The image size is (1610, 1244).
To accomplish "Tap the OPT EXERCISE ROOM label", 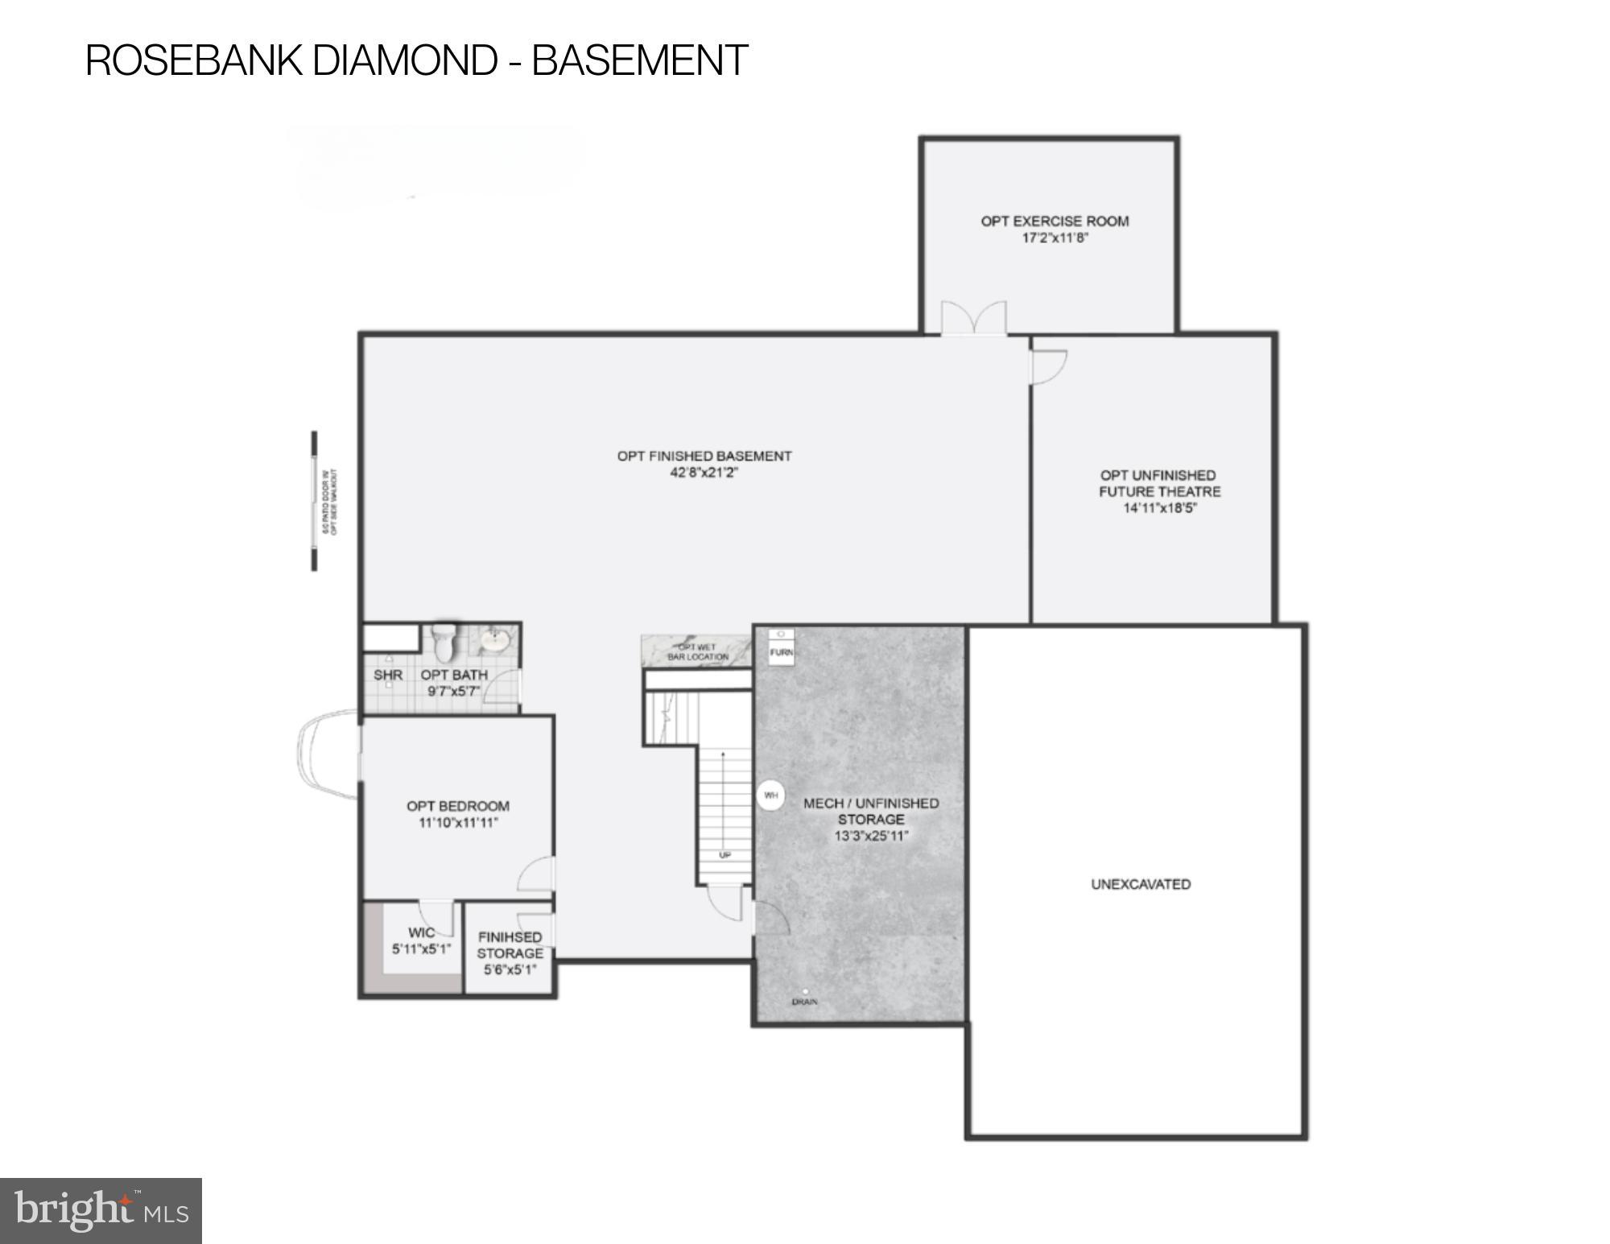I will (x=1055, y=221).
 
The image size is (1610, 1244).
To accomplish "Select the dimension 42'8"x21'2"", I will (x=704, y=473).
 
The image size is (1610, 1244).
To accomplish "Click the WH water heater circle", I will (x=771, y=796).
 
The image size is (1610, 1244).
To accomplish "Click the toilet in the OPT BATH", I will (x=444, y=642).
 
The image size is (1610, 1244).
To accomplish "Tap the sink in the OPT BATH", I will (x=493, y=642).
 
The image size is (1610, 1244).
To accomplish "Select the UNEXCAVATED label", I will (x=1140, y=884).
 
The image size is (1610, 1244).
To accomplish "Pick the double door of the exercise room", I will (x=974, y=318).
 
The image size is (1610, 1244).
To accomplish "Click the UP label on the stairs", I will (x=724, y=855).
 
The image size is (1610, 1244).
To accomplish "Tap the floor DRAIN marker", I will (x=804, y=993).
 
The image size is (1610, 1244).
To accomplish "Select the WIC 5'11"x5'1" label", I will (x=421, y=940).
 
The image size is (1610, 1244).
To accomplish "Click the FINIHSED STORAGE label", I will (x=510, y=945).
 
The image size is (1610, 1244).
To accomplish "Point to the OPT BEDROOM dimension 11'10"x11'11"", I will (x=458, y=823).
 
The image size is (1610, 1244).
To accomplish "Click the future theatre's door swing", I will (x=1050, y=366).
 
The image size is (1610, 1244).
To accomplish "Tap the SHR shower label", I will (x=387, y=675).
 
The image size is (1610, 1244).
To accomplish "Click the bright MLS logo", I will (x=101, y=1210).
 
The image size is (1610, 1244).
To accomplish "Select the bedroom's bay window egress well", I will (x=326, y=754).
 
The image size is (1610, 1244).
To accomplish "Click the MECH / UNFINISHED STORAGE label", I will (x=870, y=811).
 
